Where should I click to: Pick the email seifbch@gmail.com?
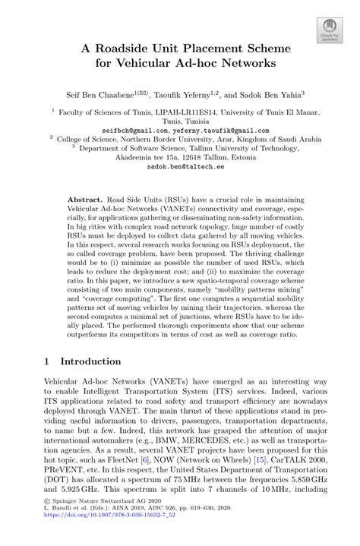[x=127, y=130]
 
